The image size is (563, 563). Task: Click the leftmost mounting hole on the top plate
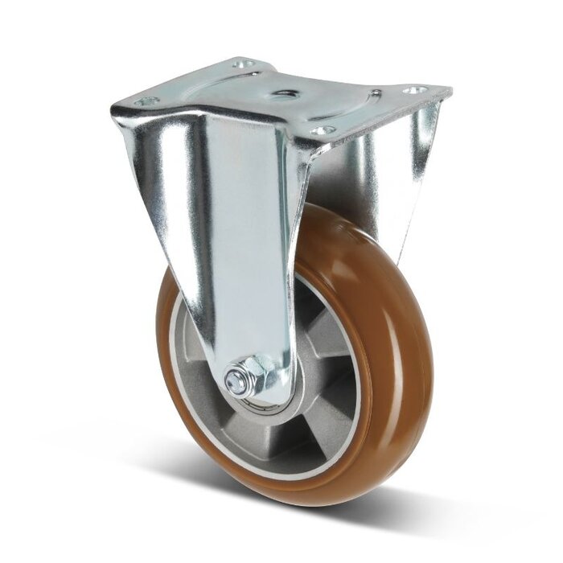(146, 102)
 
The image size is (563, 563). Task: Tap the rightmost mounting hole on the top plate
(414, 91)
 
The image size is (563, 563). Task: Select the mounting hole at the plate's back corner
(243, 63)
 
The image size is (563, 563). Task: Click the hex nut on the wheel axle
(240, 378)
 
